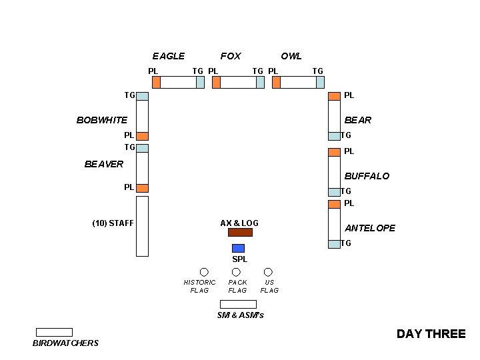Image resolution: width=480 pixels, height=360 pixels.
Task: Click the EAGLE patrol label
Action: tap(168, 56)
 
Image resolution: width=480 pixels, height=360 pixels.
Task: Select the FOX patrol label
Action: tap(231, 56)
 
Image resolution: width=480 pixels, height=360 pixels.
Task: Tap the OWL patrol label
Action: tap(291, 56)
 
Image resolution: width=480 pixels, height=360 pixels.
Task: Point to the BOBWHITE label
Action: tap(102, 121)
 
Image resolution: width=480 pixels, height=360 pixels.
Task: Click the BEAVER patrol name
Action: tap(104, 164)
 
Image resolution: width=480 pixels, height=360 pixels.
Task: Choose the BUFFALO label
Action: tap(367, 176)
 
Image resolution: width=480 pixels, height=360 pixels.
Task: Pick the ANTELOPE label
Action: tap(370, 228)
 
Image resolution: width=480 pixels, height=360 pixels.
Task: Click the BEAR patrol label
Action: tap(358, 121)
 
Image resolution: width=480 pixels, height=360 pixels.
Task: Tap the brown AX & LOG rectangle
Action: tap(240, 233)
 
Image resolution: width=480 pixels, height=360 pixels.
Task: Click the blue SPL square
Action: tap(238, 248)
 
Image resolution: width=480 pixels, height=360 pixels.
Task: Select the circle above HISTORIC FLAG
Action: tap(204, 272)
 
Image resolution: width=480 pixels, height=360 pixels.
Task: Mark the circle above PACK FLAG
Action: tap(236, 272)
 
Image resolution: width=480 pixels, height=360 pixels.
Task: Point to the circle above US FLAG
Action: tap(268, 272)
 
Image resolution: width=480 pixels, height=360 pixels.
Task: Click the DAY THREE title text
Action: tap(431, 334)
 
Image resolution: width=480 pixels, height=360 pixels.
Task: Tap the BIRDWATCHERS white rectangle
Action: tap(54, 332)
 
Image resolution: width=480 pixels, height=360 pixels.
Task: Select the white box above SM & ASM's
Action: tap(238, 304)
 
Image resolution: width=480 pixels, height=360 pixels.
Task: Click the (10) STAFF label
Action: tap(113, 223)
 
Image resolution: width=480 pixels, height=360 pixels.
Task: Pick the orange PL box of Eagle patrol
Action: tap(156, 83)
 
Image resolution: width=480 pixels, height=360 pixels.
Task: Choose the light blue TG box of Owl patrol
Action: tap(320, 83)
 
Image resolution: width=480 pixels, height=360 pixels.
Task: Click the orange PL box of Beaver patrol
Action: tap(142, 188)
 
